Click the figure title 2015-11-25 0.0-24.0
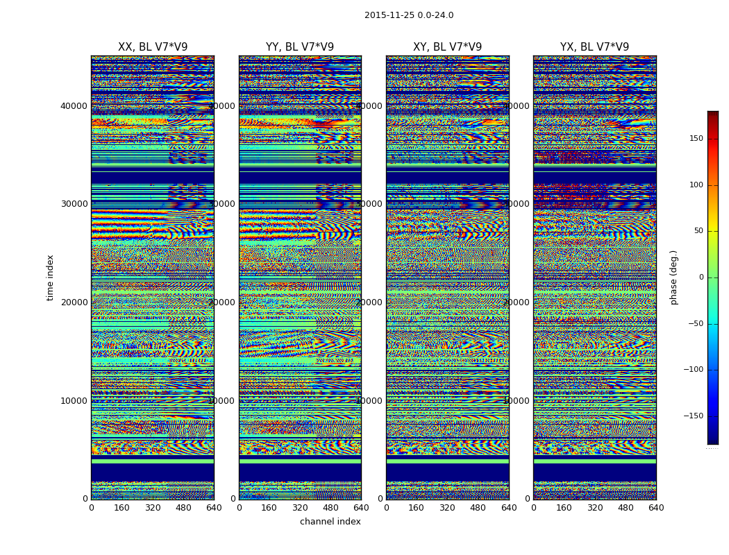409,15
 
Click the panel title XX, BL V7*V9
153,47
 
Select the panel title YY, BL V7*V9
300,47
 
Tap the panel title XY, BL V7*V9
448,47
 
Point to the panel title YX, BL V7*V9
595,47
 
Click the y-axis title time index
50,277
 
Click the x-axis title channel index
330,522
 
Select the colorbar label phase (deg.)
673,277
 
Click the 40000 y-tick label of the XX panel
74,105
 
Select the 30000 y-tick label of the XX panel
74,204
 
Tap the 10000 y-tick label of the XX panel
74,400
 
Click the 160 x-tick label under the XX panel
122,508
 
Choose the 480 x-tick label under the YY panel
330,508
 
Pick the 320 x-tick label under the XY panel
448,508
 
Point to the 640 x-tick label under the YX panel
656,508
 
